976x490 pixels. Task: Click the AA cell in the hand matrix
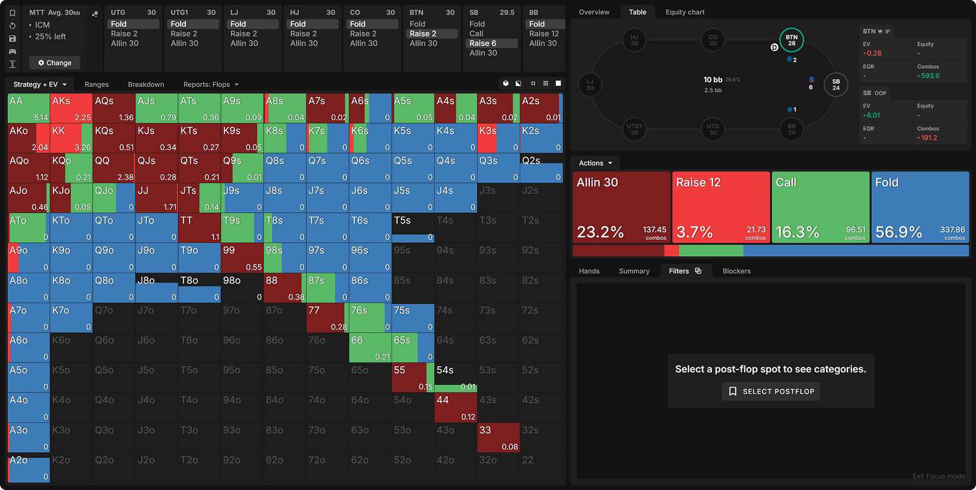point(28,108)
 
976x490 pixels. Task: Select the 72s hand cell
point(540,318)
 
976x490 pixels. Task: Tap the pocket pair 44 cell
point(455,408)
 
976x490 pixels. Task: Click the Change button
point(54,63)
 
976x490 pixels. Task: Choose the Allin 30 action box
point(621,207)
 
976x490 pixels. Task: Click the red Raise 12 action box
point(720,207)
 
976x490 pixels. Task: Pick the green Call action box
point(820,207)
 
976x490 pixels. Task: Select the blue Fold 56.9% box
point(920,207)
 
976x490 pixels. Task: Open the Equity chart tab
point(684,12)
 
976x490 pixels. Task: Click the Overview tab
point(594,12)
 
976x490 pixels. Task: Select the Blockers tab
point(736,271)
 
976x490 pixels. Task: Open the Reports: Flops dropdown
point(210,85)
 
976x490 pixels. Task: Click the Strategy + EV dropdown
point(40,85)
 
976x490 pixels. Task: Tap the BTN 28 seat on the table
point(791,40)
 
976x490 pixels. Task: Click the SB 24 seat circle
point(836,85)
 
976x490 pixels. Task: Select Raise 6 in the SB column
point(483,43)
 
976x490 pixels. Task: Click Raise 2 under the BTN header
point(423,34)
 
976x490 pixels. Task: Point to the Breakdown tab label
point(146,85)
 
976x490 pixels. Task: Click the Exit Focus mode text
point(938,476)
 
